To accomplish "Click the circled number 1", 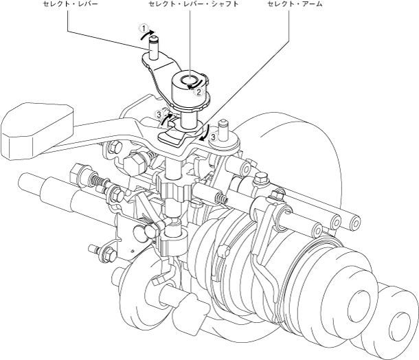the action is click(x=144, y=30).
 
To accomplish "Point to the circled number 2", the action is click(x=198, y=91).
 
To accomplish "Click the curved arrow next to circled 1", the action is click(x=159, y=36).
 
